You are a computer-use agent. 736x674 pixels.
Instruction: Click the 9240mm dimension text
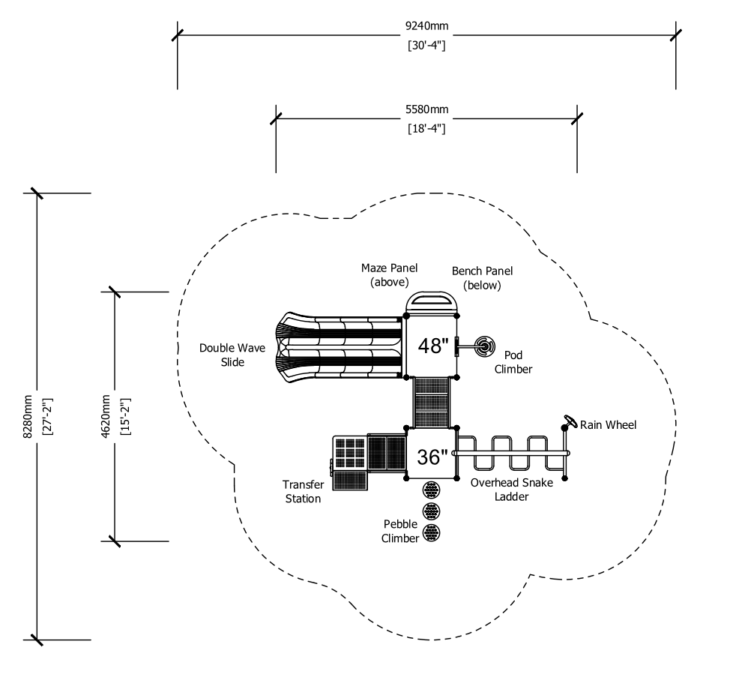[426, 25]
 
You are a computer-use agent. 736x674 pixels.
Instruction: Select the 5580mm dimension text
[426, 109]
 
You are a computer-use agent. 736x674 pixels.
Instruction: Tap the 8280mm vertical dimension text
[28, 417]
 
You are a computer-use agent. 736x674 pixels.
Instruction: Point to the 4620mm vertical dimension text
[106, 417]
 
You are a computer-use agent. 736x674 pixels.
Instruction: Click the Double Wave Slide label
[232, 355]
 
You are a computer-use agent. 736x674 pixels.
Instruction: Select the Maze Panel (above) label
[389, 274]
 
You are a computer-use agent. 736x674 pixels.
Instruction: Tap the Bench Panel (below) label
[482, 278]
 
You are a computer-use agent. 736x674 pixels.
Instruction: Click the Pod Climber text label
[513, 362]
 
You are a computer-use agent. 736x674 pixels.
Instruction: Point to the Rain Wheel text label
[609, 425]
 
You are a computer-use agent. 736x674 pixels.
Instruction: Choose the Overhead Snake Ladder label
[512, 490]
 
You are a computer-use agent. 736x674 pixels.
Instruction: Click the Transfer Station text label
[304, 491]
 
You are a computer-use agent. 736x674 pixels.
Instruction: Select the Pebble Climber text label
[400, 531]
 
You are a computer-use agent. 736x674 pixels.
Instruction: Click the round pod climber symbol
[484, 347]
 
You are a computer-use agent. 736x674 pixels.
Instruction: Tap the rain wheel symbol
[570, 421]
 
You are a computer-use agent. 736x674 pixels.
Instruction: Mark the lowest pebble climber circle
[432, 532]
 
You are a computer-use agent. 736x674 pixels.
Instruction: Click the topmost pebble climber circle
[432, 490]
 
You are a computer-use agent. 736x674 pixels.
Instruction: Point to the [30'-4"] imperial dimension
[426, 46]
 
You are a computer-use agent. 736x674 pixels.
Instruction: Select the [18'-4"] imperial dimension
[426, 128]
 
